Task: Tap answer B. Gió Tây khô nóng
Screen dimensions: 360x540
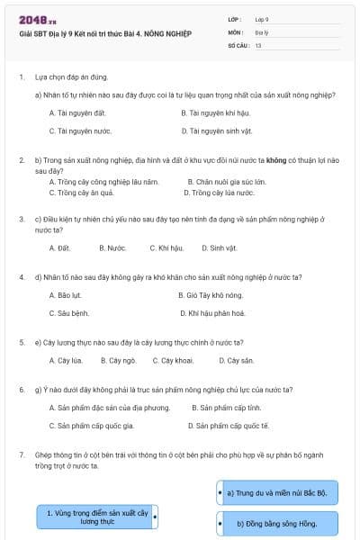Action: click(x=211, y=294)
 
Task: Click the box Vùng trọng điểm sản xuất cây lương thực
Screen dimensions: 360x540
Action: click(x=96, y=517)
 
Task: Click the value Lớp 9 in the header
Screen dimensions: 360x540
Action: click(x=262, y=19)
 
